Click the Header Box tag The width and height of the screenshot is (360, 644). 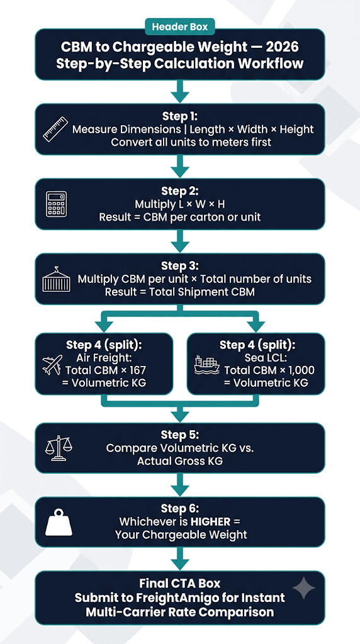pyautogui.click(x=179, y=28)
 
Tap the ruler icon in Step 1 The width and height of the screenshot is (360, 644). pyautogui.click(x=55, y=130)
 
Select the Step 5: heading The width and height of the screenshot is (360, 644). pyautogui.click(x=179, y=435)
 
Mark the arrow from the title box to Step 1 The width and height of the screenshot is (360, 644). pyautogui.click(x=179, y=92)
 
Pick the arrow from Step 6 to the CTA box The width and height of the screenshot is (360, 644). pyautogui.click(x=179, y=559)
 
